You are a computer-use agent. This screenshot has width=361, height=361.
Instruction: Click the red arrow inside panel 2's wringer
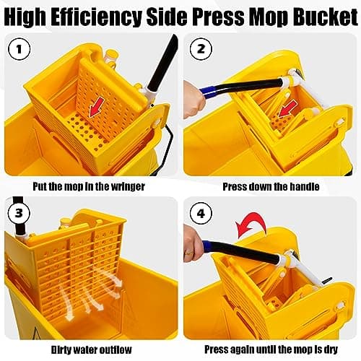287,109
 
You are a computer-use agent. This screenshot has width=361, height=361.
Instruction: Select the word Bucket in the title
323,14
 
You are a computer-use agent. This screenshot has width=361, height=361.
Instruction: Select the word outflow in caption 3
118,349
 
